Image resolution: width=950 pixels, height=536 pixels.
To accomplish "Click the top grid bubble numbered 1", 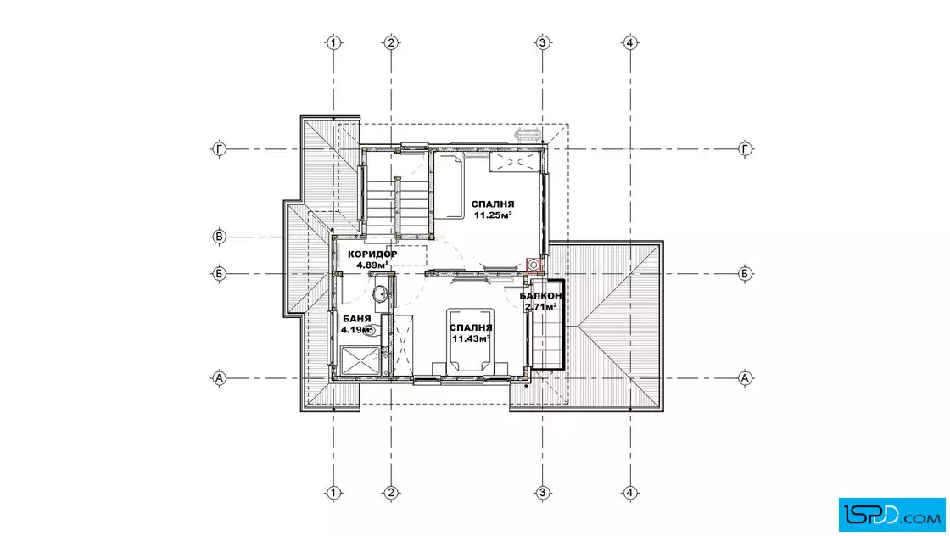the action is click(334, 43).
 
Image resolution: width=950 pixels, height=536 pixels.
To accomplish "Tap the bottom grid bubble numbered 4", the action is click(630, 493).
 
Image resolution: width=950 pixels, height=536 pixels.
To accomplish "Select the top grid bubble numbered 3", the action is click(542, 43).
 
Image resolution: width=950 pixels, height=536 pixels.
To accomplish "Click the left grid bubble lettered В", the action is click(220, 237).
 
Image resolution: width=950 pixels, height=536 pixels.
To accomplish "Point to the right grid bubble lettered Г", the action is click(745, 149).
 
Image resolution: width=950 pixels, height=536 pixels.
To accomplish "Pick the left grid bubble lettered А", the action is click(220, 378).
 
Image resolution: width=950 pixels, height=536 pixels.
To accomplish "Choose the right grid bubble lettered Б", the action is click(745, 274).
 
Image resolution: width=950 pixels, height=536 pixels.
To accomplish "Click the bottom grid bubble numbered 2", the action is click(391, 493).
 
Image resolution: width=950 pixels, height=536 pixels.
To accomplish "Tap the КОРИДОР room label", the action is click(372, 254).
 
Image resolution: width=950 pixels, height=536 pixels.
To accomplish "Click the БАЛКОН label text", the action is click(540, 296).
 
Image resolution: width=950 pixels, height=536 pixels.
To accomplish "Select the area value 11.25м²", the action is click(493, 215).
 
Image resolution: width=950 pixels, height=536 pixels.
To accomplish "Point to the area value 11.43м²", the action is click(471, 338).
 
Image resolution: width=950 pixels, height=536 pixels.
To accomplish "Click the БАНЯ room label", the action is click(357, 319).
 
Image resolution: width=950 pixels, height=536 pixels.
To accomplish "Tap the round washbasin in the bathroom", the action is click(381, 294).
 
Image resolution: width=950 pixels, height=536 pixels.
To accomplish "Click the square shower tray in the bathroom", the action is click(360, 362).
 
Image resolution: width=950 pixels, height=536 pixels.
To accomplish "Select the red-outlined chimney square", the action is click(534, 265).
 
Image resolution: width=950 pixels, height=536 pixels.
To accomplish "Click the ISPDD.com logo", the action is click(891, 515).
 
